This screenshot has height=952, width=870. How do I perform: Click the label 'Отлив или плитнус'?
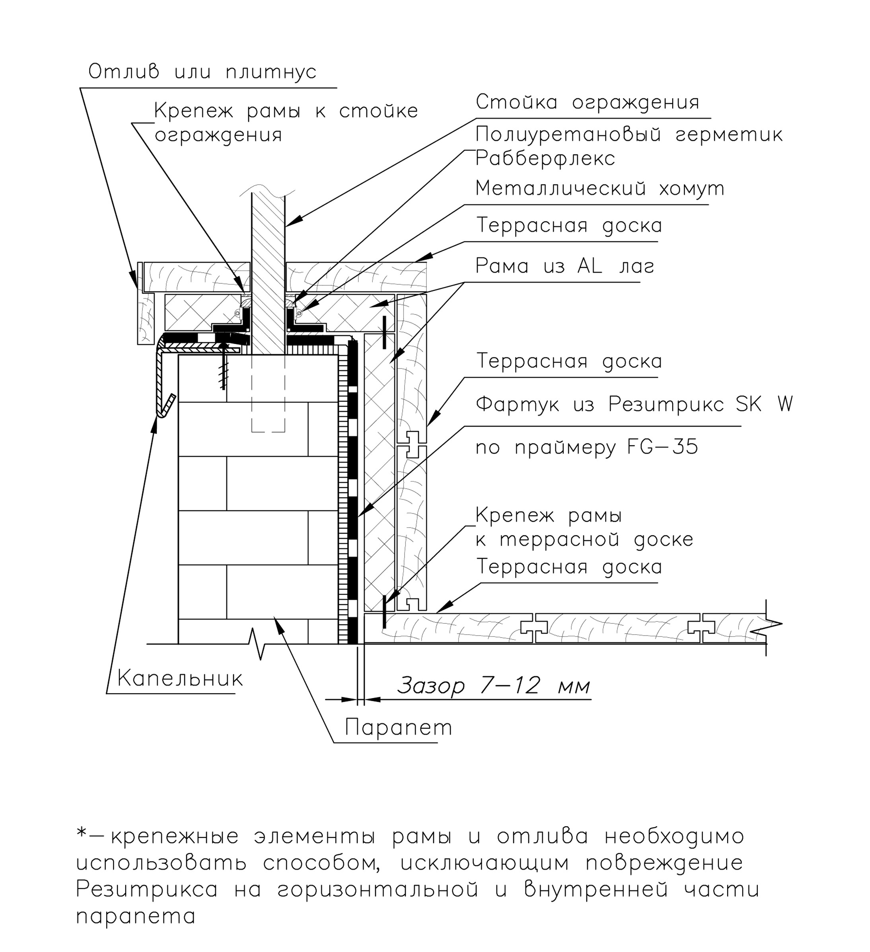(x=202, y=72)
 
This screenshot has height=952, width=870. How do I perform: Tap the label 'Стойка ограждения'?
(x=587, y=102)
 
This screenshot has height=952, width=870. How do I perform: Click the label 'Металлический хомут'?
(x=599, y=188)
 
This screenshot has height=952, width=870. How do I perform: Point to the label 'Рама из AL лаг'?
(x=564, y=266)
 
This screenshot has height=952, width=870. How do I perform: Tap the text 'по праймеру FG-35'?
(x=586, y=447)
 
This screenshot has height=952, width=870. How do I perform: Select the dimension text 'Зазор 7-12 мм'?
(x=493, y=685)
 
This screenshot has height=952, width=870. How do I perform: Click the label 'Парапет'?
(x=398, y=727)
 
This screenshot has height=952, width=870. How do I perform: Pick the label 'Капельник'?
(x=180, y=679)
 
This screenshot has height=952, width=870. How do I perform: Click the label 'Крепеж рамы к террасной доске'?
(x=584, y=527)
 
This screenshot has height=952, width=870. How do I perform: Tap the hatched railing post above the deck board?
(x=268, y=227)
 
